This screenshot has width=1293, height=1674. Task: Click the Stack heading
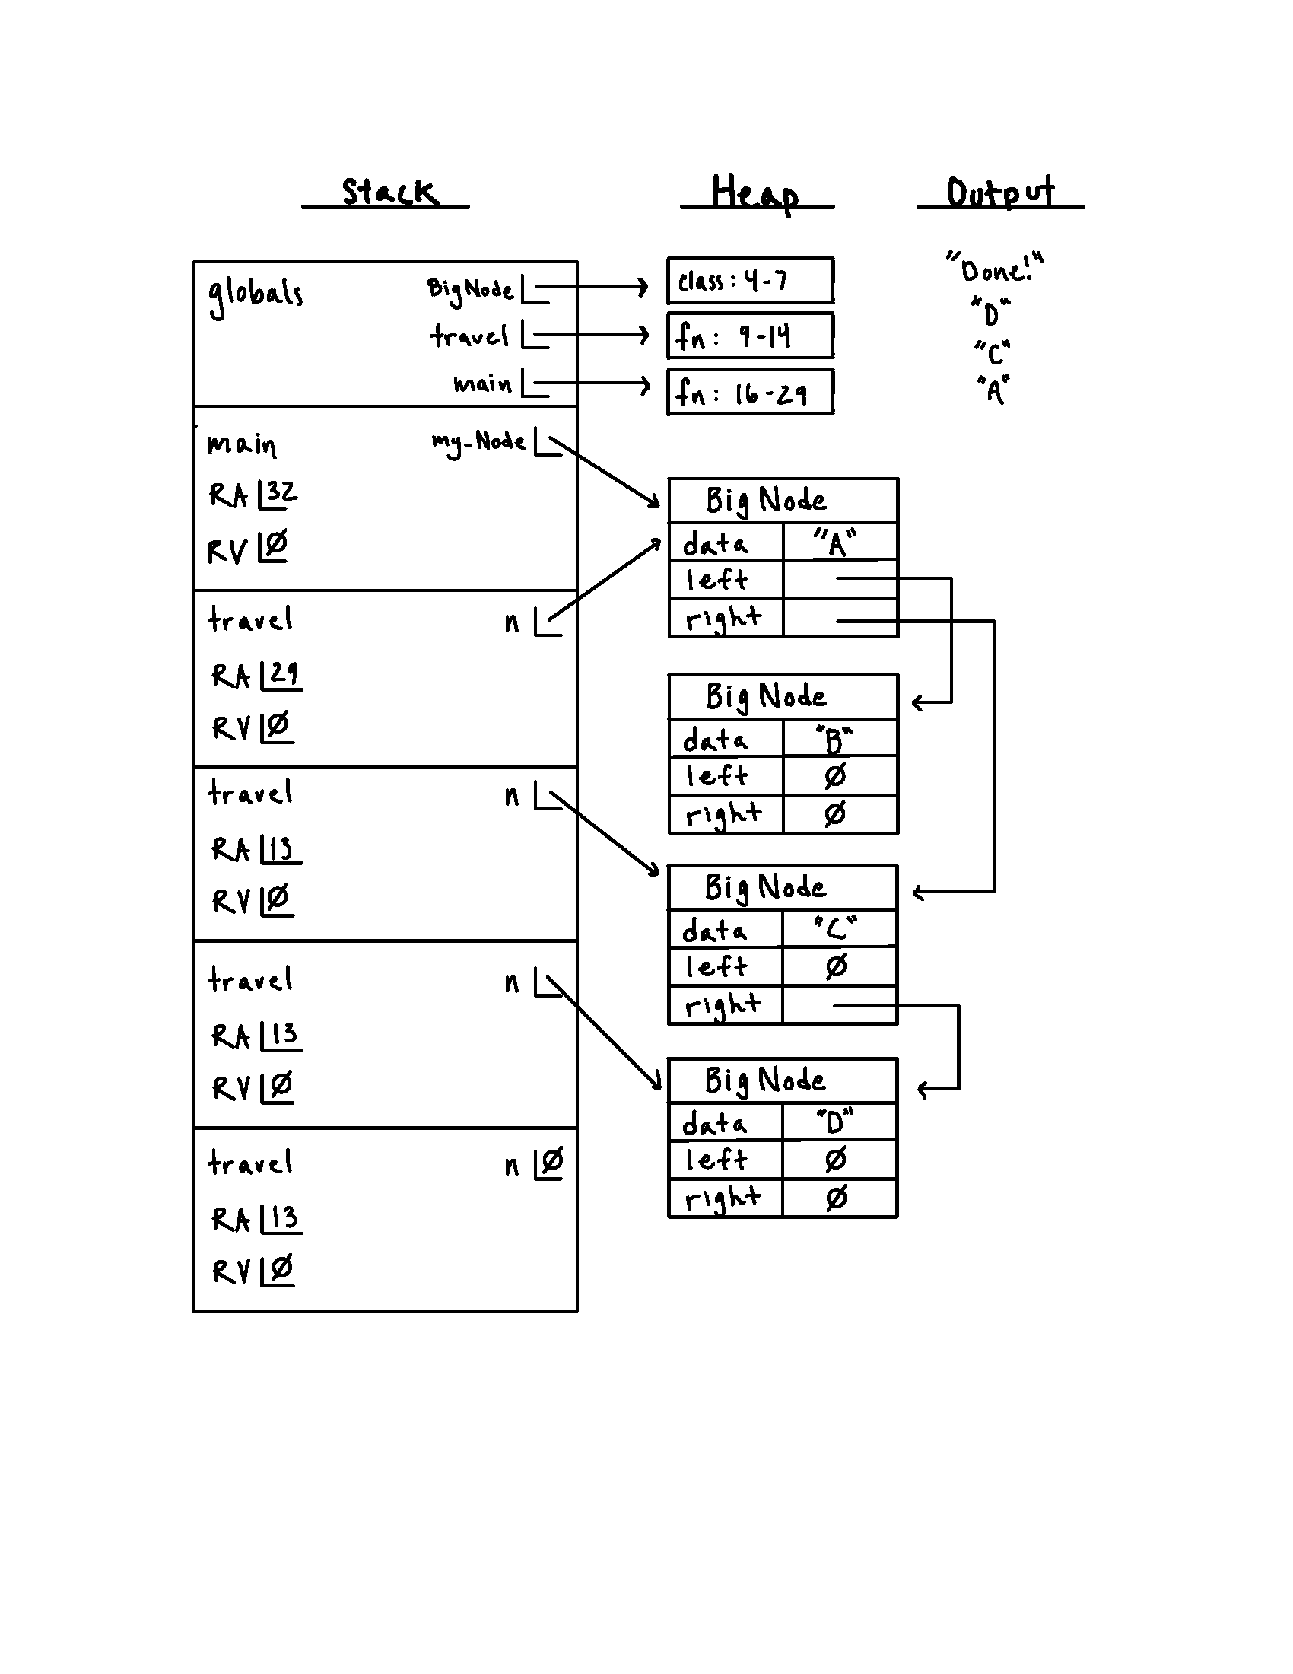(389, 192)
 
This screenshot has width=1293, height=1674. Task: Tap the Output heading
(999, 192)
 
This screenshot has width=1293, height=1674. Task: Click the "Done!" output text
(994, 269)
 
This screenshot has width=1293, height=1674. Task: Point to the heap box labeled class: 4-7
(750, 281)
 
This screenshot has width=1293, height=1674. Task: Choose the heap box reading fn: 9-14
(750, 336)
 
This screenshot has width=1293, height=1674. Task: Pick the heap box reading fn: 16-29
(750, 393)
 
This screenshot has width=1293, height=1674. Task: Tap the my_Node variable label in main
(478, 442)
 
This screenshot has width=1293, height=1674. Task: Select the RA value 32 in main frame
(281, 492)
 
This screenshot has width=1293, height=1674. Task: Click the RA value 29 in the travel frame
(283, 673)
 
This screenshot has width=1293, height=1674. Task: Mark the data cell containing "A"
(839, 543)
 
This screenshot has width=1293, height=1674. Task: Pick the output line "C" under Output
(993, 352)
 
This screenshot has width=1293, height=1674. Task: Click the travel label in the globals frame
(469, 336)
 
